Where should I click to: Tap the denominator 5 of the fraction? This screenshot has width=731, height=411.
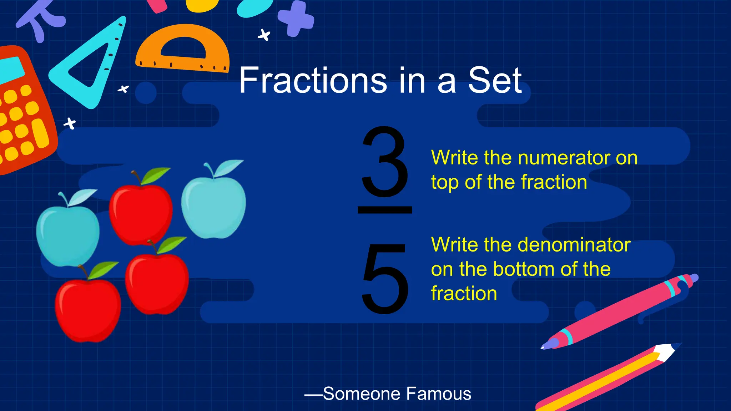coord(385,279)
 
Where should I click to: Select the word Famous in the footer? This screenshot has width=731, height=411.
coord(439,394)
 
